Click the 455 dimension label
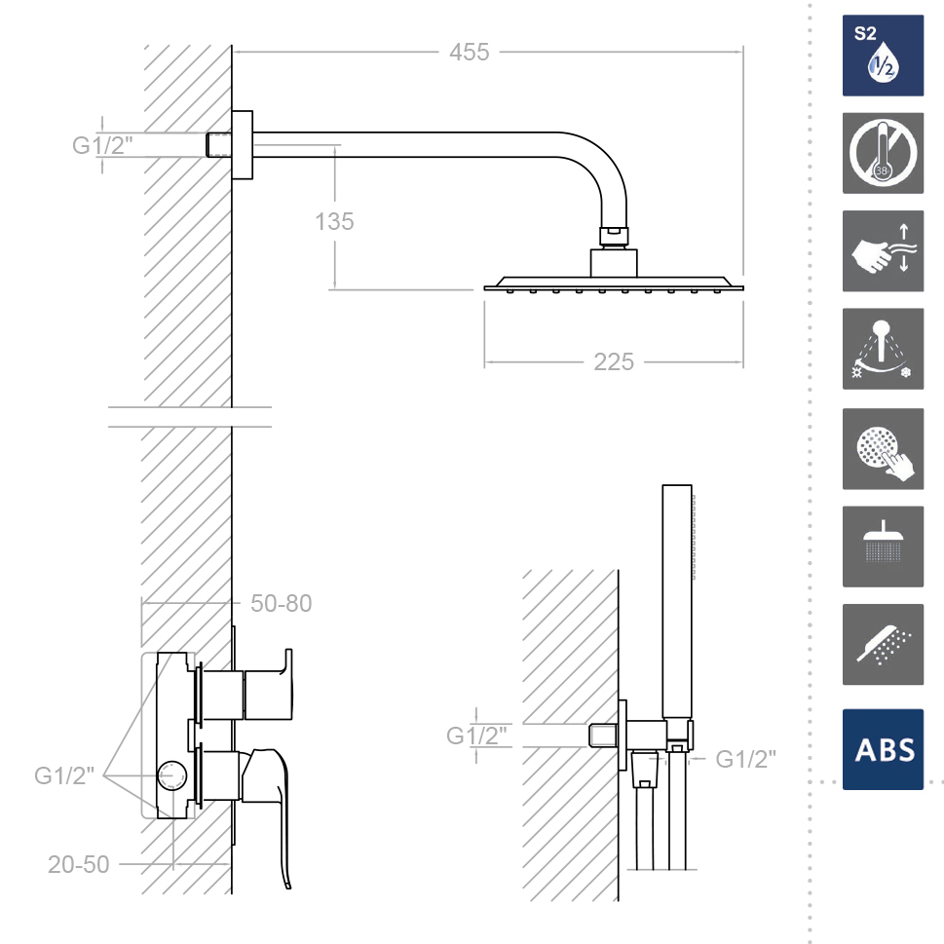469,53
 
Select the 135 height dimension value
334,221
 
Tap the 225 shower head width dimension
614,362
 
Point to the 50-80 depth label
282,603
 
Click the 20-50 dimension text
78,864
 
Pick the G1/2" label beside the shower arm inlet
102,146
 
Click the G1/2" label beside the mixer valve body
64,776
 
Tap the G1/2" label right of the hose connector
745,759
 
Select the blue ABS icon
883,749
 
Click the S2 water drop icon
883,56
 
